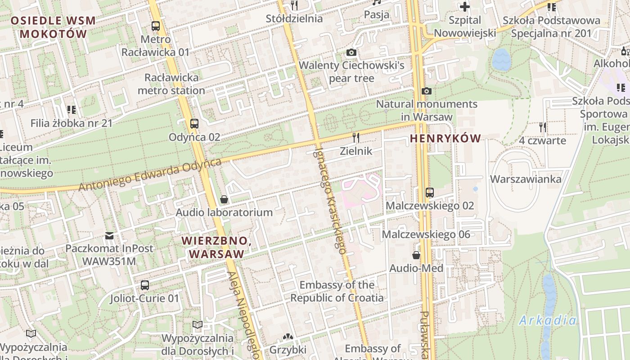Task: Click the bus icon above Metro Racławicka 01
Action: (155, 26)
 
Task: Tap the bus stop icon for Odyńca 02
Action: (194, 123)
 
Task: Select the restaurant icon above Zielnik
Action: (356, 137)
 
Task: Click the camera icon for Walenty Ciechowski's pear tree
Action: (351, 53)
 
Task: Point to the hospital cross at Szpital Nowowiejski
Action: (464, 7)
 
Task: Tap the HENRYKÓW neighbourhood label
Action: (445, 139)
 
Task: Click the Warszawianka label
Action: (526, 179)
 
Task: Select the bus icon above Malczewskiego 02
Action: (429, 193)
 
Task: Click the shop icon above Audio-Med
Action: (416, 255)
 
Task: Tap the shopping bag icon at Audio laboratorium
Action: (224, 199)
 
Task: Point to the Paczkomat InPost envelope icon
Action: (109, 235)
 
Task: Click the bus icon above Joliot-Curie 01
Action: (144, 285)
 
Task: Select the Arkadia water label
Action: (547, 320)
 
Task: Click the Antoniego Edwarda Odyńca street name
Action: (150, 174)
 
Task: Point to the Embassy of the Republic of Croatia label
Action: (337, 291)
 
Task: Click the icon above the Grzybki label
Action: (287, 337)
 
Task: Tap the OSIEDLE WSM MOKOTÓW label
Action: (53, 27)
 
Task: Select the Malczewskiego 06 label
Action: (426, 234)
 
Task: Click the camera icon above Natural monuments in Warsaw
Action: (426, 91)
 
